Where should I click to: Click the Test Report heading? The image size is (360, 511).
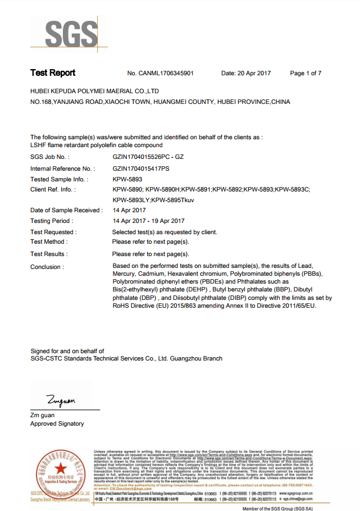53,73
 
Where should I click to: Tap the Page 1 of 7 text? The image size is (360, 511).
306,74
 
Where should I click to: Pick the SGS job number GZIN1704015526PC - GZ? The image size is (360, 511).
148,157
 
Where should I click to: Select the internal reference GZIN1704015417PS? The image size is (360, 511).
141,168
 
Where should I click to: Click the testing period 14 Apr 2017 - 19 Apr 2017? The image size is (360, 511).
149,221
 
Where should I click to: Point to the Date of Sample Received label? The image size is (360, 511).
66,211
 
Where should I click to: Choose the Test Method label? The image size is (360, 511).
49,242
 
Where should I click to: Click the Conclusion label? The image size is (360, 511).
47,267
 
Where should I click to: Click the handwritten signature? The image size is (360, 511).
61,400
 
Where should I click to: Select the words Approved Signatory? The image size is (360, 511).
57,424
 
